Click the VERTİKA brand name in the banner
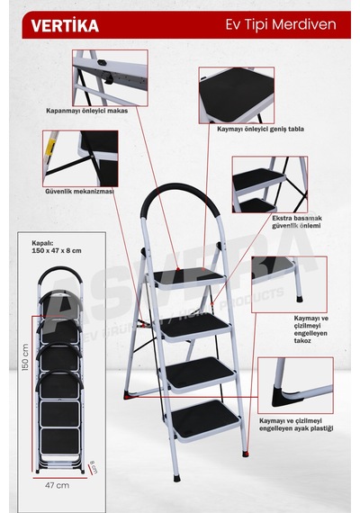click(65, 25)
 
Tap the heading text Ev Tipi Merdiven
click(281, 25)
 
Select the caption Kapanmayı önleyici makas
click(86, 111)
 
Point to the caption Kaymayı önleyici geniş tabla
click(260, 129)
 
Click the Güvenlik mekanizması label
click(79, 191)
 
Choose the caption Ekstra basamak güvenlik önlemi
click(297, 221)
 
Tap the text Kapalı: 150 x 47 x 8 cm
click(57, 247)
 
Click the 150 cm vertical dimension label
click(25, 356)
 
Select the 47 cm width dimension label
click(58, 485)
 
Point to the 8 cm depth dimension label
click(94, 467)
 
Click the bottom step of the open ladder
click(206, 420)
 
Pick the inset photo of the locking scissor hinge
click(110, 78)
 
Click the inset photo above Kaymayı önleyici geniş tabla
click(237, 95)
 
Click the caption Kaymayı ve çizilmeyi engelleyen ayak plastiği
click(296, 425)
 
